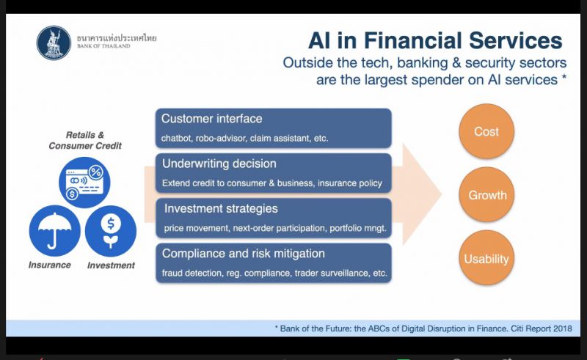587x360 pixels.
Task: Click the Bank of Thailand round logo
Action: tap(54, 43)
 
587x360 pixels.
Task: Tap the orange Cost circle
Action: tap(486, 131)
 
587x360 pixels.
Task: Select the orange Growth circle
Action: tap(486, 194)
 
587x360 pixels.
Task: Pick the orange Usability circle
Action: tap(486, 258)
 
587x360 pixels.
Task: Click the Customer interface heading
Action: tap(211, 119)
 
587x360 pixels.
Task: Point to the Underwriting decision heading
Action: tap(219, 164)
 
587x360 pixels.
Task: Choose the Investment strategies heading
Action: tap(221, 208)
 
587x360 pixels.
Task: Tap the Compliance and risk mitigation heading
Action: tap(244, 254)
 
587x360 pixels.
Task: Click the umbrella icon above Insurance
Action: tap(54, 231)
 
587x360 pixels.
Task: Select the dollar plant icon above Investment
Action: tap(111, 231)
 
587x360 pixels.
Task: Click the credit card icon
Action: tap(84, 183)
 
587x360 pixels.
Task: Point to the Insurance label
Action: tap(49, 265)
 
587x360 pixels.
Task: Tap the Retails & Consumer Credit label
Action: tap(85, 140)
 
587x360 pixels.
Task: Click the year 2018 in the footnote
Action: tap(563, 328)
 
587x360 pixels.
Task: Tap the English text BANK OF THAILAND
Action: tap(103, 46)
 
